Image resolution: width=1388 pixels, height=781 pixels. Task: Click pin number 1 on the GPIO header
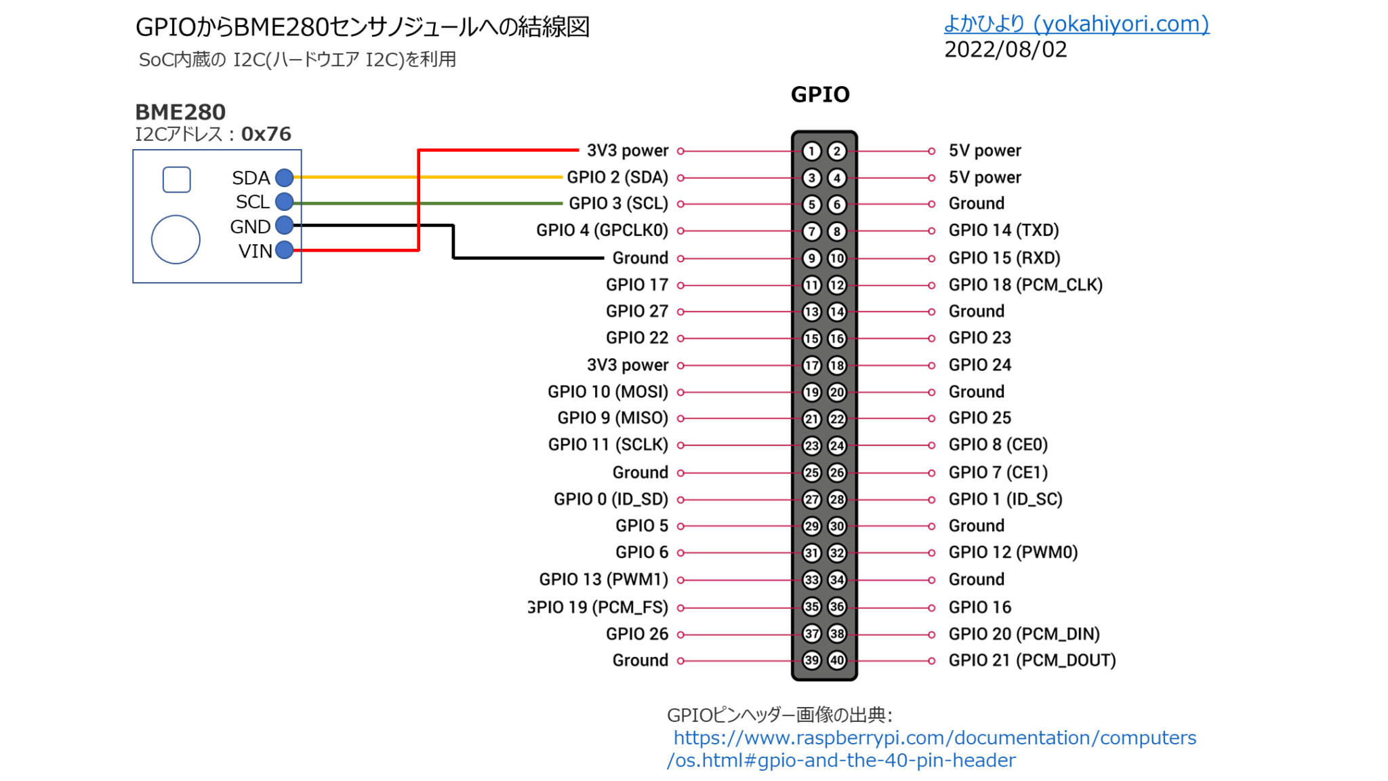(x=811, y=151)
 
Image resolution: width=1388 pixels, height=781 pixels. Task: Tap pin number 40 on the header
(x=837, y=660)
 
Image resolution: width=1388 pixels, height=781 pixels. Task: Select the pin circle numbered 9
(x=811, y=258)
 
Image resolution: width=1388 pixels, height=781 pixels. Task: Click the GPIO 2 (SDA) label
(x=617, y=178)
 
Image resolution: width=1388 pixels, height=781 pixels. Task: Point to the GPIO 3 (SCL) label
(x=618, y=203)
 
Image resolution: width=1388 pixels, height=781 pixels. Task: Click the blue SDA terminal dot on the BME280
(x=285, y=178)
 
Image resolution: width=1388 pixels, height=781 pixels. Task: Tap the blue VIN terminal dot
(x=285, y=250)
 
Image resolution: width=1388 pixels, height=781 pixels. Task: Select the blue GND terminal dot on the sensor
(x=285, y=225)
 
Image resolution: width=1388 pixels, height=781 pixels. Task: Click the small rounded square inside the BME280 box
(x=177, y=180)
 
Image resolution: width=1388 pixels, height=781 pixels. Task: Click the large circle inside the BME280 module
(x=176, y=239)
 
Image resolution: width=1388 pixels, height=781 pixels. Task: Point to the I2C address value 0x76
(x=266, y=134)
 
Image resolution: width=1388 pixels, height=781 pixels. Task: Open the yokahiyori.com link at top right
(x=1076, y=24)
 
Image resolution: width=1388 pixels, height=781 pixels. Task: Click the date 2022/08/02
(x=1005, y=49)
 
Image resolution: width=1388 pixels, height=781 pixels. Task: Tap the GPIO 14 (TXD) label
(x=1003, y=231)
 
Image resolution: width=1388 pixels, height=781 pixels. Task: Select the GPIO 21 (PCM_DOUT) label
(x=1032, y=660)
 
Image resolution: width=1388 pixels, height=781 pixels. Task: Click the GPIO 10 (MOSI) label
(x=607, y=392)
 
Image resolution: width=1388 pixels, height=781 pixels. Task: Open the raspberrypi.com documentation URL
(x=934, y=738)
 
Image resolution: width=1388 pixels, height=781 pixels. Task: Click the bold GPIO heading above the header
(x=820, y=94)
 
